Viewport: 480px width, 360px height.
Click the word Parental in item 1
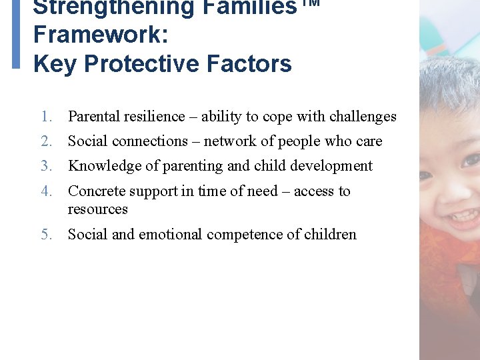(x=93, y=117)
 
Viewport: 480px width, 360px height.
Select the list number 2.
(x=45, y=141)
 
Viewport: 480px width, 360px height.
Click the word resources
(x=97, y=209)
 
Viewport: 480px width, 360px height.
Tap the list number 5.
(x=45, y=235)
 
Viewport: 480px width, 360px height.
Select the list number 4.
(x=45, y=191)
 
